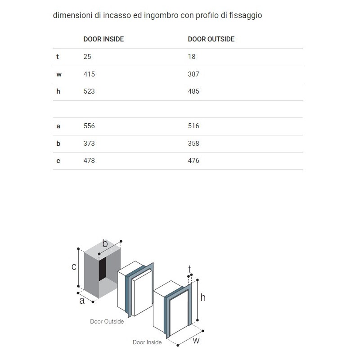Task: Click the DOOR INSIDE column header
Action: pyautogui.click(x=103, y=39)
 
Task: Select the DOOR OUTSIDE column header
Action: pyautogui.click(x=211, y=39)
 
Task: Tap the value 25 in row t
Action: pyautogui.click(x=87, y=57)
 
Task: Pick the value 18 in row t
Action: pyautogui.click(x=192, y=57)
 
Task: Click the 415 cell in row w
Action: pyautogui.click(x=89, y=74)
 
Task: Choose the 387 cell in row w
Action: pyautogui.click(x=193, y=74)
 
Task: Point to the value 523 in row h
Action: pyautogui.click(x=89, y=91)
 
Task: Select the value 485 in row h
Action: pyautogui.click(x=193, y=91)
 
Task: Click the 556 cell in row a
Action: pyautogui.click(x=89, y=126)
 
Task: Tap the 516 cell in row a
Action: pyautogui.click(x=193, y=126)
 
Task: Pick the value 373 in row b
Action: pyautogui.click(x=89, y=144)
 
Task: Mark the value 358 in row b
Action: pyautogui.click(x=193, y=144)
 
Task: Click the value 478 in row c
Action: pyautogui.click(x=89, y=161)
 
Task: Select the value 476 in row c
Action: pyautogui.click(x=193, y=161)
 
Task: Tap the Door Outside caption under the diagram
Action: pyautogui.click(x=107, y=322)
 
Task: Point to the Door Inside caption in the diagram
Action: pyautogui.click(x=147, y=342)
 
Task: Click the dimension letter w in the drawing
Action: pyautogui.click(x=196, y=341)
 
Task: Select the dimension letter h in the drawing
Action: pyautogui.click(x=203, y=297)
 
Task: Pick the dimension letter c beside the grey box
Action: pyautogui.click(x=74, y=267)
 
